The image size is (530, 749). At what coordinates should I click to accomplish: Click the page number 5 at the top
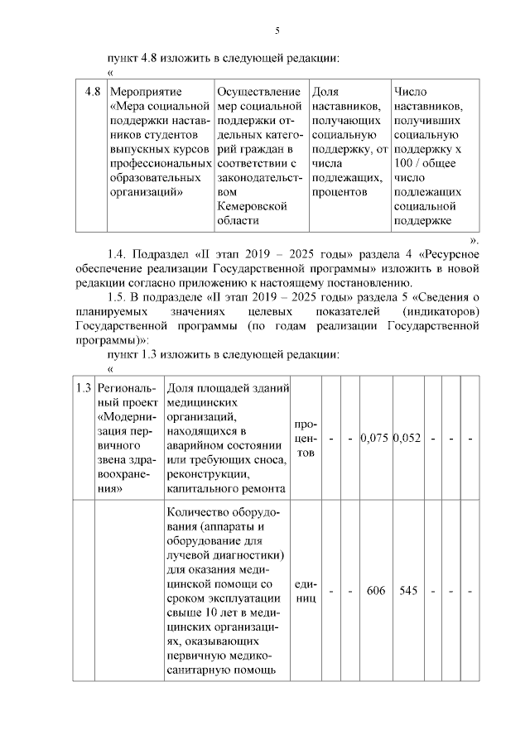click(277, 31)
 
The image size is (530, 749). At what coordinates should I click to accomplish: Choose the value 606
click(376, 592)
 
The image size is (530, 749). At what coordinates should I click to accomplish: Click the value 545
click(407, 592)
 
